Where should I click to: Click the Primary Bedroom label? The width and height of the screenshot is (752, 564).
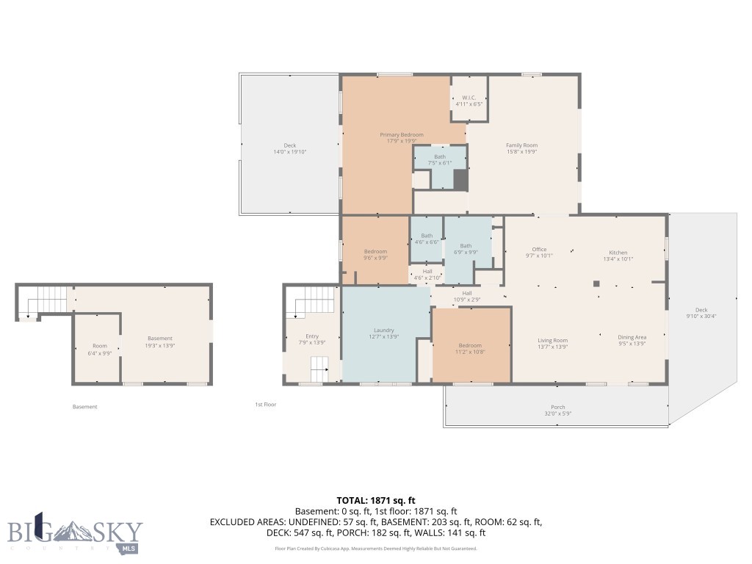tap(401, 135)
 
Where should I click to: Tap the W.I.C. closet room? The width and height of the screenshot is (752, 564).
tap(469, 101)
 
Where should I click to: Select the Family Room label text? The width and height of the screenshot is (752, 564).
tap(521, 145)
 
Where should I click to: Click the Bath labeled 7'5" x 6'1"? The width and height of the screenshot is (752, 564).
tap(439, 159)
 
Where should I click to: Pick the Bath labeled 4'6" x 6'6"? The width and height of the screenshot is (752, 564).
tap(426, 239)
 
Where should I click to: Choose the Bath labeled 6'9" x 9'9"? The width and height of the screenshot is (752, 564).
tap(466, 249)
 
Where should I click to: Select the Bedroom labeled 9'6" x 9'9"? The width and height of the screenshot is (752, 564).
tap(375, 255)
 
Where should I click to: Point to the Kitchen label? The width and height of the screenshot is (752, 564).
tap(618, 253)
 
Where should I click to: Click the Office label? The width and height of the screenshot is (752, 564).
tap(539, 250)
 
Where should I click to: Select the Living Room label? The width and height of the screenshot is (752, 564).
tap(552, 340)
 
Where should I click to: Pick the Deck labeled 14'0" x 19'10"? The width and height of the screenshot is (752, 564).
tap(289, 148)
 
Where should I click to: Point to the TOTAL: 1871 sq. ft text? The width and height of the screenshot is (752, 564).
tap(375, 499)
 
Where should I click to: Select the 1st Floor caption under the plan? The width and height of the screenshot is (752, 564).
tap(265, 405)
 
